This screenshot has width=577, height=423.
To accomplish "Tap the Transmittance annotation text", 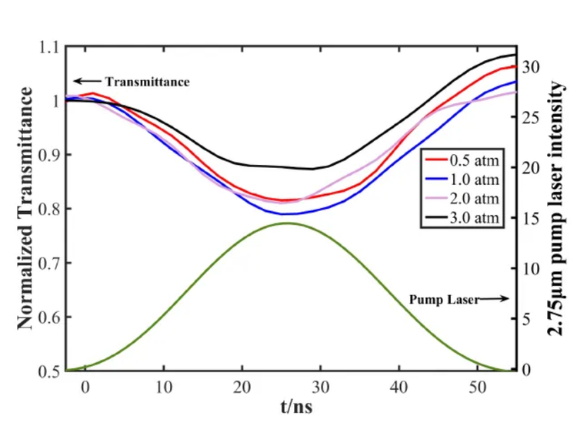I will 146,82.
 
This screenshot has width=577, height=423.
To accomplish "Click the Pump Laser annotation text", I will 442,299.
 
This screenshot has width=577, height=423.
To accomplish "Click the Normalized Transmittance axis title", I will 26,209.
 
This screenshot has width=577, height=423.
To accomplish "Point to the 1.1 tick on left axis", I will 49,47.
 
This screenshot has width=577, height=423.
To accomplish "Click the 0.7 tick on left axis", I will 49,264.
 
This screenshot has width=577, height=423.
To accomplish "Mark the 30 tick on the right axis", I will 530,66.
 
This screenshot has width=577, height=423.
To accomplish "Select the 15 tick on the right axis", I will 530,218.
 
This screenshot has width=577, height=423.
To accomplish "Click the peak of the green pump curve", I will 287,223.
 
